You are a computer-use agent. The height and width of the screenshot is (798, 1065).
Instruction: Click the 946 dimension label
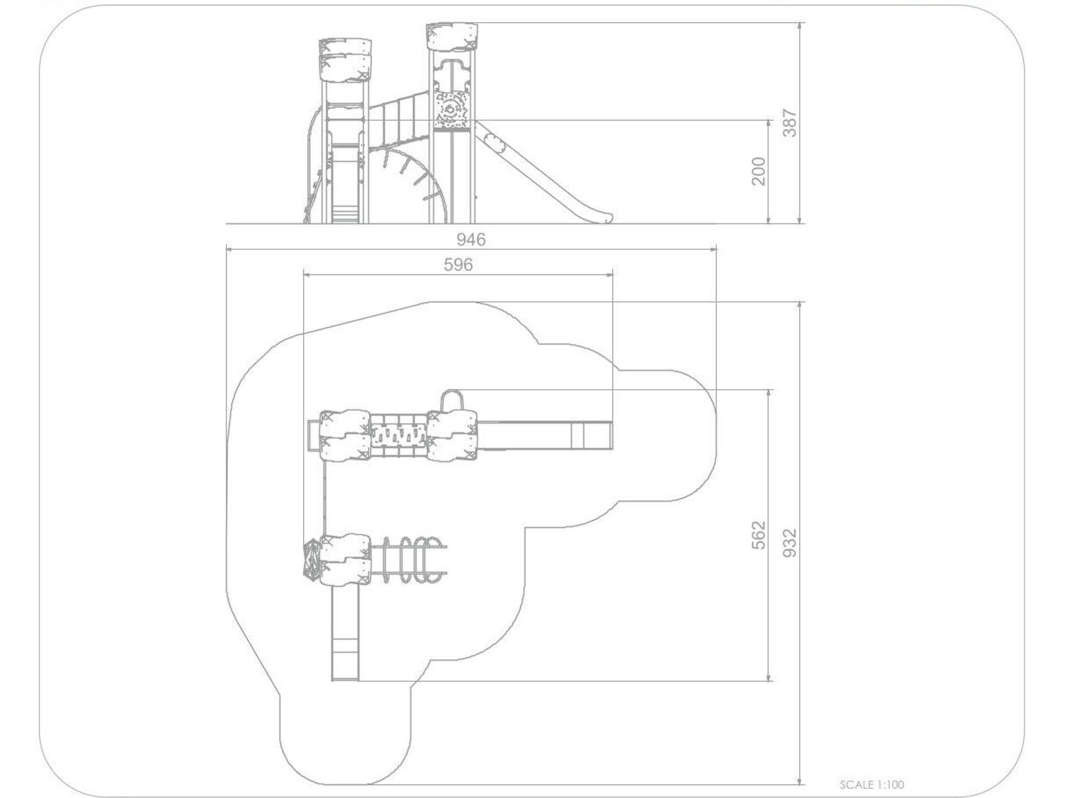coord(470,239)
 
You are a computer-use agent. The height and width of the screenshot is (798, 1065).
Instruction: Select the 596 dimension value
coord(458,264)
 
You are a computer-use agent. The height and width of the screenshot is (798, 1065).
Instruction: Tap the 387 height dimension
coord(790,123)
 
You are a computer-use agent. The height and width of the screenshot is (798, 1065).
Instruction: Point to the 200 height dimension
coord(758,172)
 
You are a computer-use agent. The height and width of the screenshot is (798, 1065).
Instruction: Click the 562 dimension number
coord(758,535)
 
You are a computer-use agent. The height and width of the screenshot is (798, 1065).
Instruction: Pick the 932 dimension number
coord(790,543)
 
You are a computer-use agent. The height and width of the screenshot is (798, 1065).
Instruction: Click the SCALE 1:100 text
coord(872,785)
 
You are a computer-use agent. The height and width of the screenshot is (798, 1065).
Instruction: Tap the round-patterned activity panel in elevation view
coord(452,111)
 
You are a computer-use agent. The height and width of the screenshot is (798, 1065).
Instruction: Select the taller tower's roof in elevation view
coord(452,37)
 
